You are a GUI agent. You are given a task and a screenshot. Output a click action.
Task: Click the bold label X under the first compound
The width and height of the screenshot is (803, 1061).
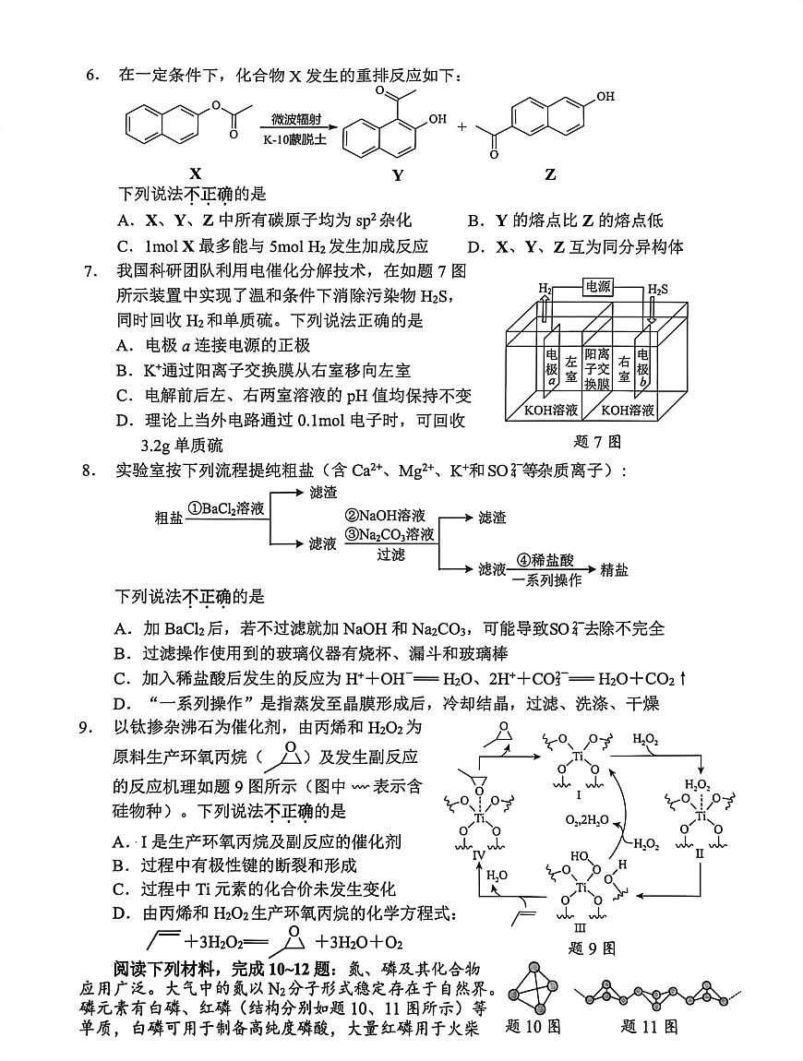tap(195, 173)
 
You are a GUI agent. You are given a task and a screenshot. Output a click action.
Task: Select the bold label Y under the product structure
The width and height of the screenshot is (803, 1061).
tap(397, 174)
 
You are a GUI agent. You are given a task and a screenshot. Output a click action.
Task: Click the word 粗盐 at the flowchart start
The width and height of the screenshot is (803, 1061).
tap(168, 518)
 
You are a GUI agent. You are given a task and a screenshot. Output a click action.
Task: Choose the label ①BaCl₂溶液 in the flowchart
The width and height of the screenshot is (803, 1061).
tap(226, 507)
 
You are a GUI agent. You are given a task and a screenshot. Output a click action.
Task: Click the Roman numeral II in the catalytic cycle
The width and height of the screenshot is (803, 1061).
tap(699, 854)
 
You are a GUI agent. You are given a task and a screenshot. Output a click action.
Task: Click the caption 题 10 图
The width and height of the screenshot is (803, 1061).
tap(533, 1025)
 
